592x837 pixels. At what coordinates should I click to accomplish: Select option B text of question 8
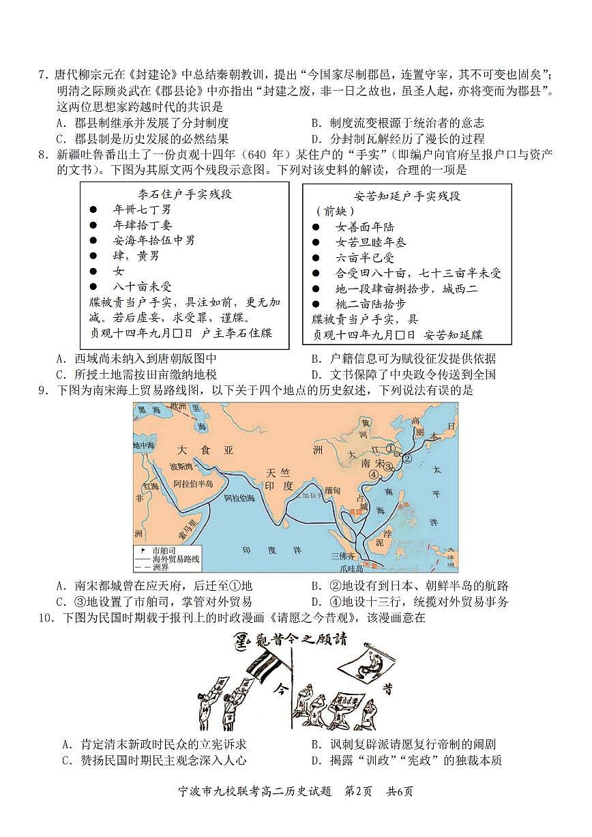click(403, 358)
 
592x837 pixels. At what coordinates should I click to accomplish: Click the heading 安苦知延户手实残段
click(407, 196)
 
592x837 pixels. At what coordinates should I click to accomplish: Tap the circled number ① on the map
click(390, 448)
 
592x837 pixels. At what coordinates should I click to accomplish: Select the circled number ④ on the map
click(373, 474)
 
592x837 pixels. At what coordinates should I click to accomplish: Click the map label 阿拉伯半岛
click(193, 483)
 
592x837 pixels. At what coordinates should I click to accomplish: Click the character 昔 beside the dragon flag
click(387, 690)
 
